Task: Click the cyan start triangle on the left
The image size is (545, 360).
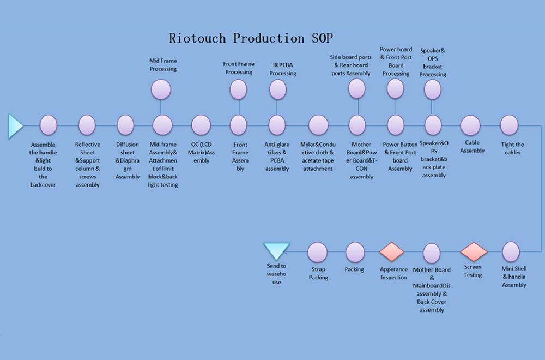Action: (x=15, y=125)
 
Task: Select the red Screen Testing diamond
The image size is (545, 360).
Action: (x=474, y=251)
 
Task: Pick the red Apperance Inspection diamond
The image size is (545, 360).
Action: (x=392, y=251)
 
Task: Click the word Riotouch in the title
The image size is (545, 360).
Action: (x=197, y=38)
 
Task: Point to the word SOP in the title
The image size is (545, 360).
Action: (x=322, y=38)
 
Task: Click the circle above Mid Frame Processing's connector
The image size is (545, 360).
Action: (x=161, y=89)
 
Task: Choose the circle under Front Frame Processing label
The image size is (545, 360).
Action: (x=239, y=90)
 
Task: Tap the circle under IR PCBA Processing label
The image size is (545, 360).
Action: (x=278, y=90)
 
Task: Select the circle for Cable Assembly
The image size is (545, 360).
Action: (x=470, y=125)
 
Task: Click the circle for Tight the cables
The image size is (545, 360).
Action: (x=509, y=125)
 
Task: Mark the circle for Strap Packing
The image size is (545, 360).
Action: (x=317, y=252)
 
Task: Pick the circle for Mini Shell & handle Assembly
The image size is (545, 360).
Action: (x=511, y=252)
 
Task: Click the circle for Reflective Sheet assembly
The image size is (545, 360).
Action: (x=87, y=125)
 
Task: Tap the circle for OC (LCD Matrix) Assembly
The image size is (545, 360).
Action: (x=201, y=125)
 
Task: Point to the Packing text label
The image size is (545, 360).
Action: (x=354, y=269)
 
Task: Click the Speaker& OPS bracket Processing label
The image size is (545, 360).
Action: (x=433, y=62)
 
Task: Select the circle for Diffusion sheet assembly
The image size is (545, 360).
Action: (x=125, y=125)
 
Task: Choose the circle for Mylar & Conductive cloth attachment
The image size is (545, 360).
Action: (x=318, y=125)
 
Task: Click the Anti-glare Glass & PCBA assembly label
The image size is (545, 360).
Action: (x=277, y=157)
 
